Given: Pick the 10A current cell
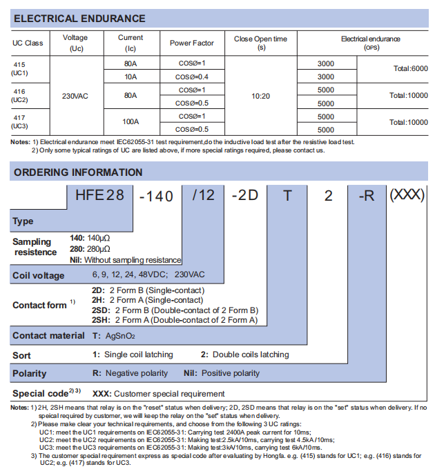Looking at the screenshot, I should tap(130, 76).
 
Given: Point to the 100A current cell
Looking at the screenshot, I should tap(130, 122).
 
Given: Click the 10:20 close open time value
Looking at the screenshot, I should tap(260, 96).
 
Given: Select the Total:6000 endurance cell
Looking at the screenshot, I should tap(410, 69).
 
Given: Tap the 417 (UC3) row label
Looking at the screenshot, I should tap(20, 122).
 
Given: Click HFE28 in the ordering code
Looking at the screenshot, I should tap(99, 195).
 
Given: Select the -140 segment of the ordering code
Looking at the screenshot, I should tap(156, 196).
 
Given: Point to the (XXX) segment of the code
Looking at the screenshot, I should tap(407, 194).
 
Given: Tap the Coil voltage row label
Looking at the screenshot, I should tap(39, 275).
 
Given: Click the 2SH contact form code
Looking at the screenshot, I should tap(99, 320).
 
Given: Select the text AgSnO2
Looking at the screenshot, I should tap(120, 336).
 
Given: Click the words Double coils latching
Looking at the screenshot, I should tap(249, 355).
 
